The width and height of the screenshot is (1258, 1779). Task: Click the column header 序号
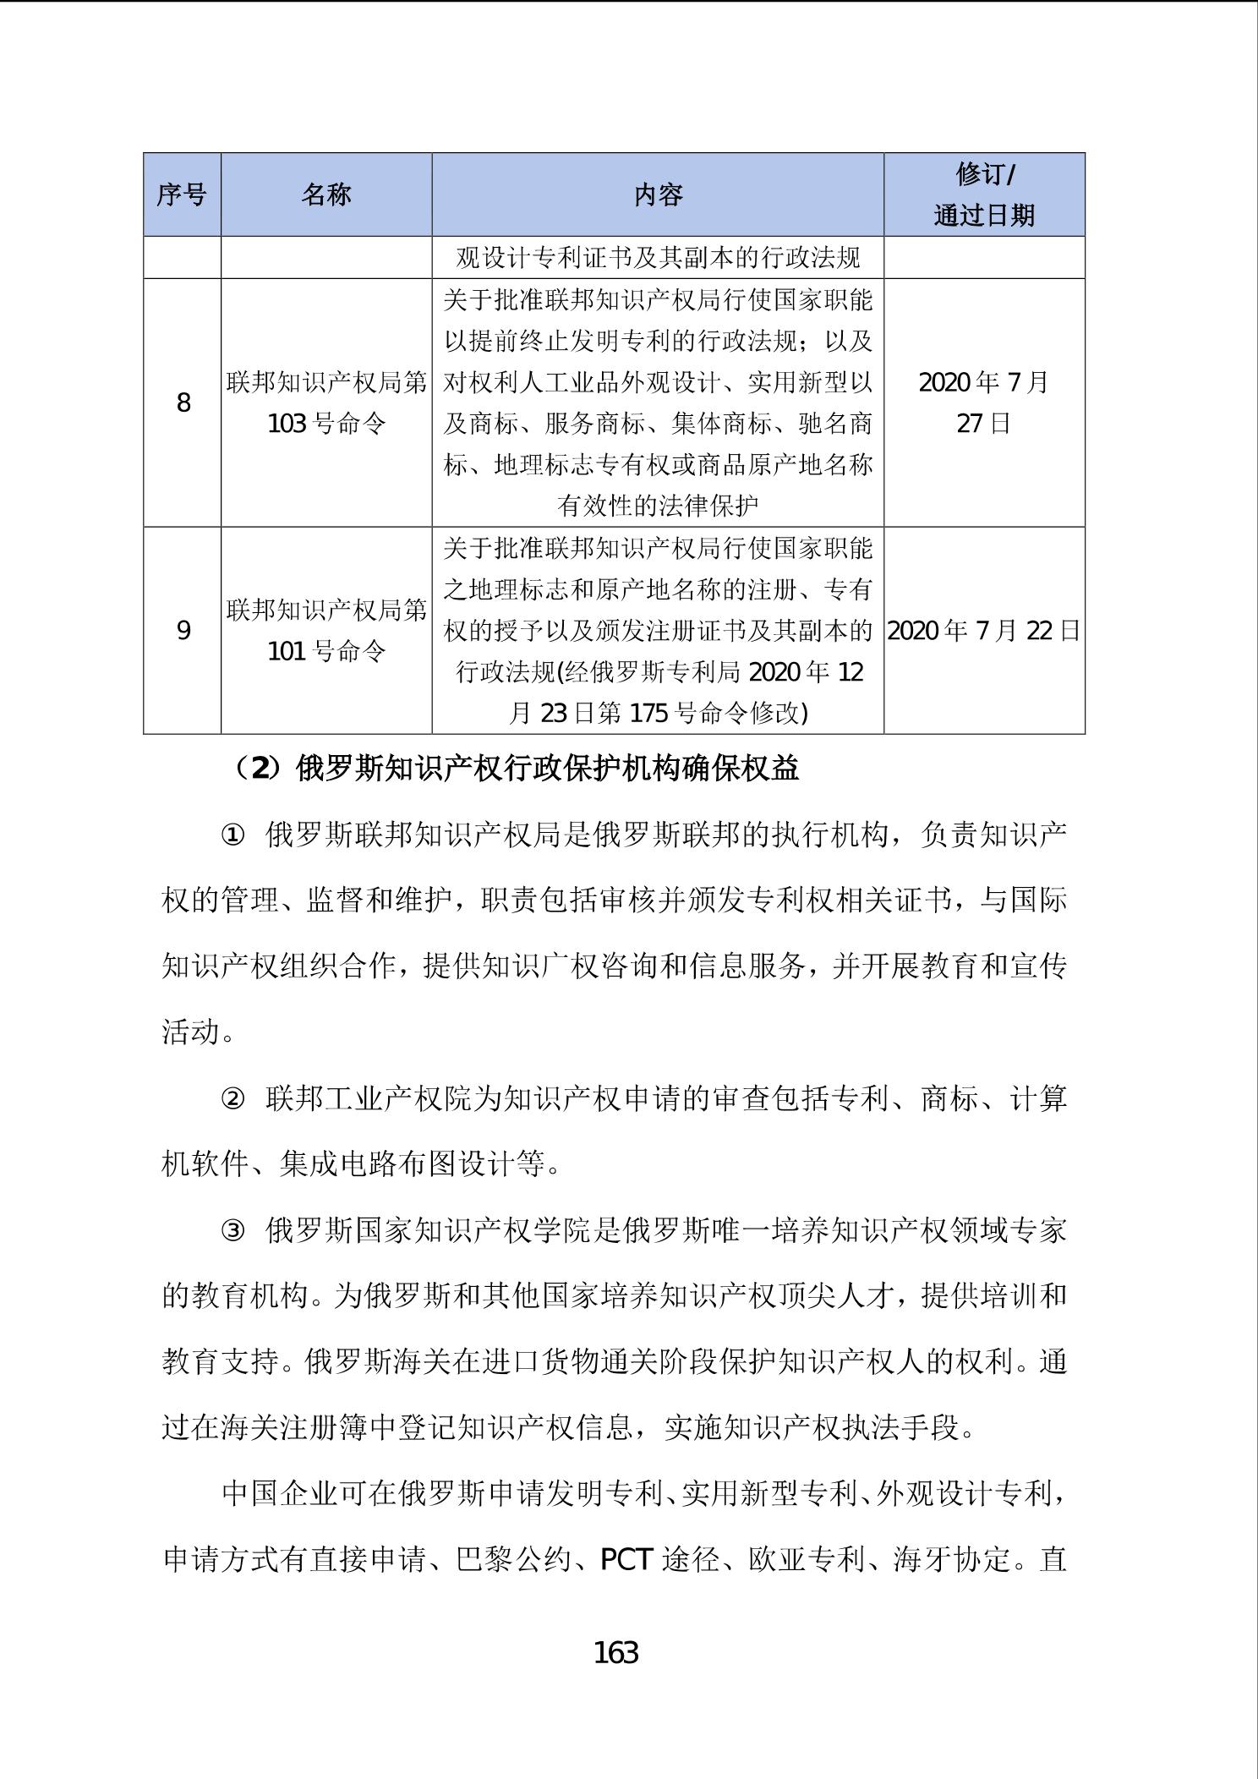(x=182, y=194)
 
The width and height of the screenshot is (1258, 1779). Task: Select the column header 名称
(x=326, y=194)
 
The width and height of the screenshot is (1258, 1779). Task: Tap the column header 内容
(x=658, y=194)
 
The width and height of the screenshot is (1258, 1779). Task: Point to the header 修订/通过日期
(x=984, y=194)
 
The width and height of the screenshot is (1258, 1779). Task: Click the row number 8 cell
(x=183, y=402)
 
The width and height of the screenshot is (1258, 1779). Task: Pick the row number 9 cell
(x=183, y=631)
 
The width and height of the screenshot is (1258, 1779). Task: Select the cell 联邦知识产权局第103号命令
(x=326, y=402)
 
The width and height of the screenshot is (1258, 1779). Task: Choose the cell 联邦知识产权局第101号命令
(x=326, y=631)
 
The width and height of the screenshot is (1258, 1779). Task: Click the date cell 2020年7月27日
(x=984, y=402)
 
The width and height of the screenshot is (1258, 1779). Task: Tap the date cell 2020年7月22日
(x=984, y=631)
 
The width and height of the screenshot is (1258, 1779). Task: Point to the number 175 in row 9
(x=649, y=714)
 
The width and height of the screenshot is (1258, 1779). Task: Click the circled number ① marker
(x=232, y=835)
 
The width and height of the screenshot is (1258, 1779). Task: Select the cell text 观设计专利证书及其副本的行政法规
(x=658, y=257)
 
